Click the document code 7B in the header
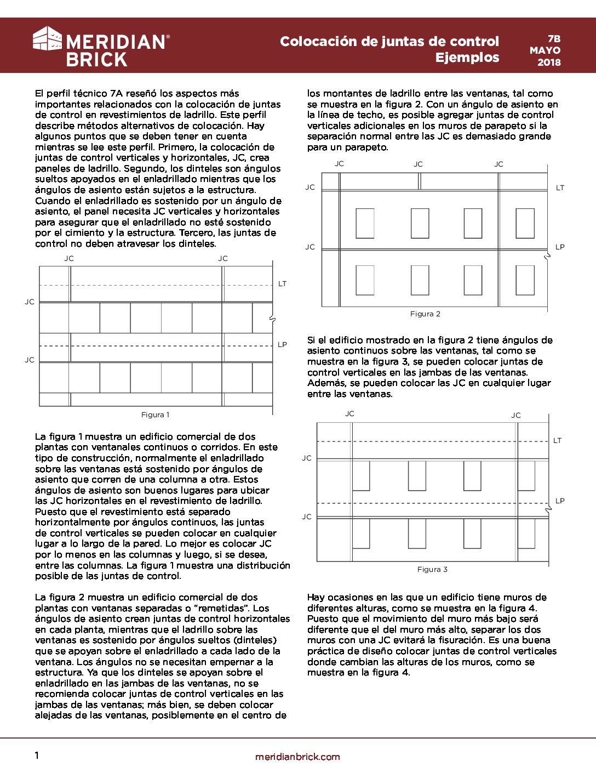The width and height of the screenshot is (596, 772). pos(554,39)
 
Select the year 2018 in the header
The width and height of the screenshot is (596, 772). pos(549,62)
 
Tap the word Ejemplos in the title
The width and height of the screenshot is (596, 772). pos(467,57)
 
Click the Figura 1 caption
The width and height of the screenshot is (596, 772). pos(155,415)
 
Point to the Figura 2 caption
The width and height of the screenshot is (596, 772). pos(425,314)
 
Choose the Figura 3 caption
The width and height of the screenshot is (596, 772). pos(432,569)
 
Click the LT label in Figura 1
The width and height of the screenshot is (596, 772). pos(282,283)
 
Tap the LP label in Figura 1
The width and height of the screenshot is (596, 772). pos(282,344)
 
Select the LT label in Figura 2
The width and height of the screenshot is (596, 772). pos(560,188)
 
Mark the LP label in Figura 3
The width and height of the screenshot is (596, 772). pos(560,501)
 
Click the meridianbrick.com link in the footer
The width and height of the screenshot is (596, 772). pos(297,757)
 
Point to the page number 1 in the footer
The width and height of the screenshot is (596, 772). pos(37,756)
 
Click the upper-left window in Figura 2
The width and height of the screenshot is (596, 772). pos(365,223)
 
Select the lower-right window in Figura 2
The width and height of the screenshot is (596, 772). pos(525,280)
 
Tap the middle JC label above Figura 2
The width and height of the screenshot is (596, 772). pos(418,164)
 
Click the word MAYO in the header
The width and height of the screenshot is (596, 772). pos(545,50)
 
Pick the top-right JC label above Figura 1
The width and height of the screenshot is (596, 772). pos(223,258)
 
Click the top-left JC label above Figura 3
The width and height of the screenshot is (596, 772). pos(349,413)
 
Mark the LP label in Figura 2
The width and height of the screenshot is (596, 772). pos(560,247)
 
